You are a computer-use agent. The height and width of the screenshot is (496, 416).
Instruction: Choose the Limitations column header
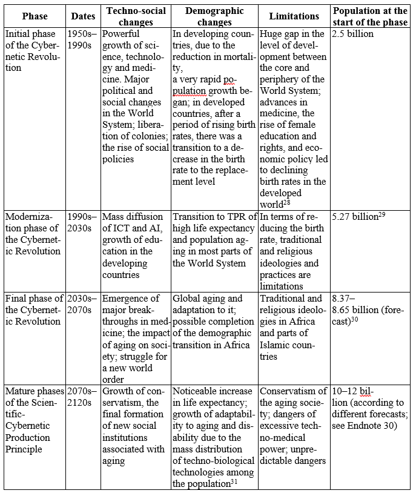(x=294, y=16)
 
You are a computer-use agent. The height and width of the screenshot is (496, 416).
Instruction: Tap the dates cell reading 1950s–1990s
(x=82, y=39)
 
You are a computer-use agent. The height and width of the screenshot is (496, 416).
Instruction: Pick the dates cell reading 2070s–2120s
(x=82, y=397)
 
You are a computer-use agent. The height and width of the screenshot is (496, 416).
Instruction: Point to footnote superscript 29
(x=382, y=214)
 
